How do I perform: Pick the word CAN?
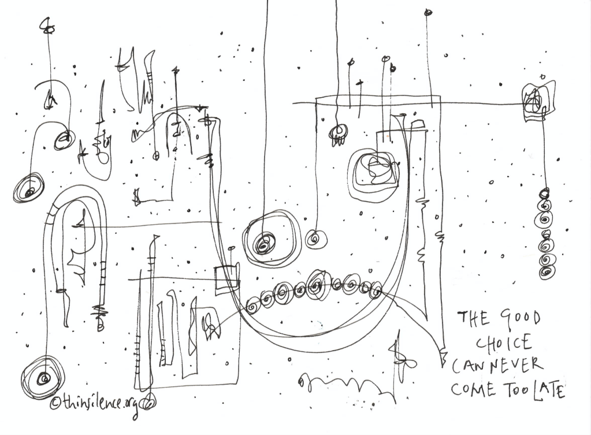pyautogui.click(x=470, y=366)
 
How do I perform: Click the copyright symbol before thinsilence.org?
pyautogui.click(x=55, y=403)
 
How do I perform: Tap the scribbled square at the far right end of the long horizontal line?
pyautogui.click(x=537, y=102)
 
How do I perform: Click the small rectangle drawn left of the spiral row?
pyautogui.click(x=227, y=280)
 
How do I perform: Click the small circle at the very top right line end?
pyautogui.click(x=428, y=13)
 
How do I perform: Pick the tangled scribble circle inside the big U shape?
pyautogui.click(x=374, y=173)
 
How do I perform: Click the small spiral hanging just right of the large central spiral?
pyautogui.click(x=316, y=239)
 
